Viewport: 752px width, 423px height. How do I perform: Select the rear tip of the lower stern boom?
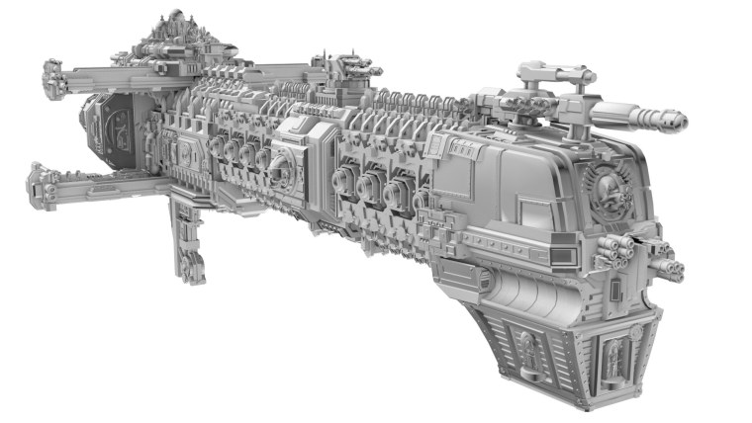pyautogui.click(x=37, y=181)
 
